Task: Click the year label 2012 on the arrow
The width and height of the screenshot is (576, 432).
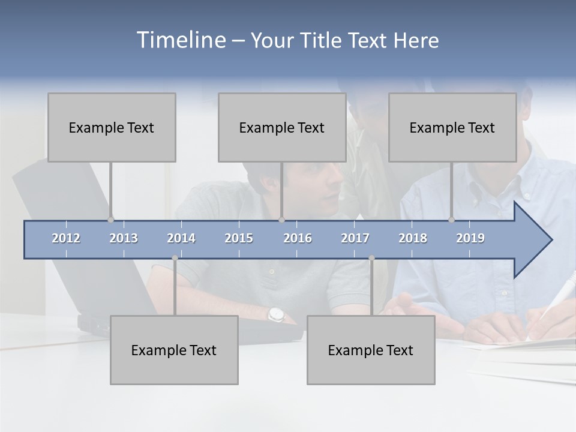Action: click(66, 238)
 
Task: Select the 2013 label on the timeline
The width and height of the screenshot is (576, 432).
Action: click(124, 238)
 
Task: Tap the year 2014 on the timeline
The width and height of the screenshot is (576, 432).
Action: click(181, 238)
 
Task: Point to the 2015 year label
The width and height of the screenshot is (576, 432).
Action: click(239, 238)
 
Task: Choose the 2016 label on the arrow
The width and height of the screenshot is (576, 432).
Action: click(298, 238)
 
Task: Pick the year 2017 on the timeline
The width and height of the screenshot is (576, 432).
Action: click(355, 238)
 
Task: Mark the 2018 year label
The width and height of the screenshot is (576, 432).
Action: click(413, 238)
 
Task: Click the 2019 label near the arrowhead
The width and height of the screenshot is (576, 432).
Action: click(470, 238)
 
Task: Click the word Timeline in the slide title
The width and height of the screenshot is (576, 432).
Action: click(180, 40)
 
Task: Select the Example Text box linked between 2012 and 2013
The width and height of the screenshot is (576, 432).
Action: click(112, 127)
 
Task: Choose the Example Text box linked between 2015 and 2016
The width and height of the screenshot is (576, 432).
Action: click(282, 127)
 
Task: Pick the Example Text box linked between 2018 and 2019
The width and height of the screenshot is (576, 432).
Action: click(452, 127)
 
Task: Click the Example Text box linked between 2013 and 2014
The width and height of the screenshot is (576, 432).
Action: click(174, 350)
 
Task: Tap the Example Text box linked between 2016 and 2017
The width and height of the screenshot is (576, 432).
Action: click(371, 350)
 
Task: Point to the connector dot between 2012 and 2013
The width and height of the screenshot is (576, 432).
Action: click(111, 220)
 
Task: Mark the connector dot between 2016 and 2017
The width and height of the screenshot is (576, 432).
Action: click(371, 258)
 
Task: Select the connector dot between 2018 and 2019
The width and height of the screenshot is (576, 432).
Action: click(452, 220)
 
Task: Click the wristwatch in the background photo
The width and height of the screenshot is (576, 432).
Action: click(275, 314)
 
